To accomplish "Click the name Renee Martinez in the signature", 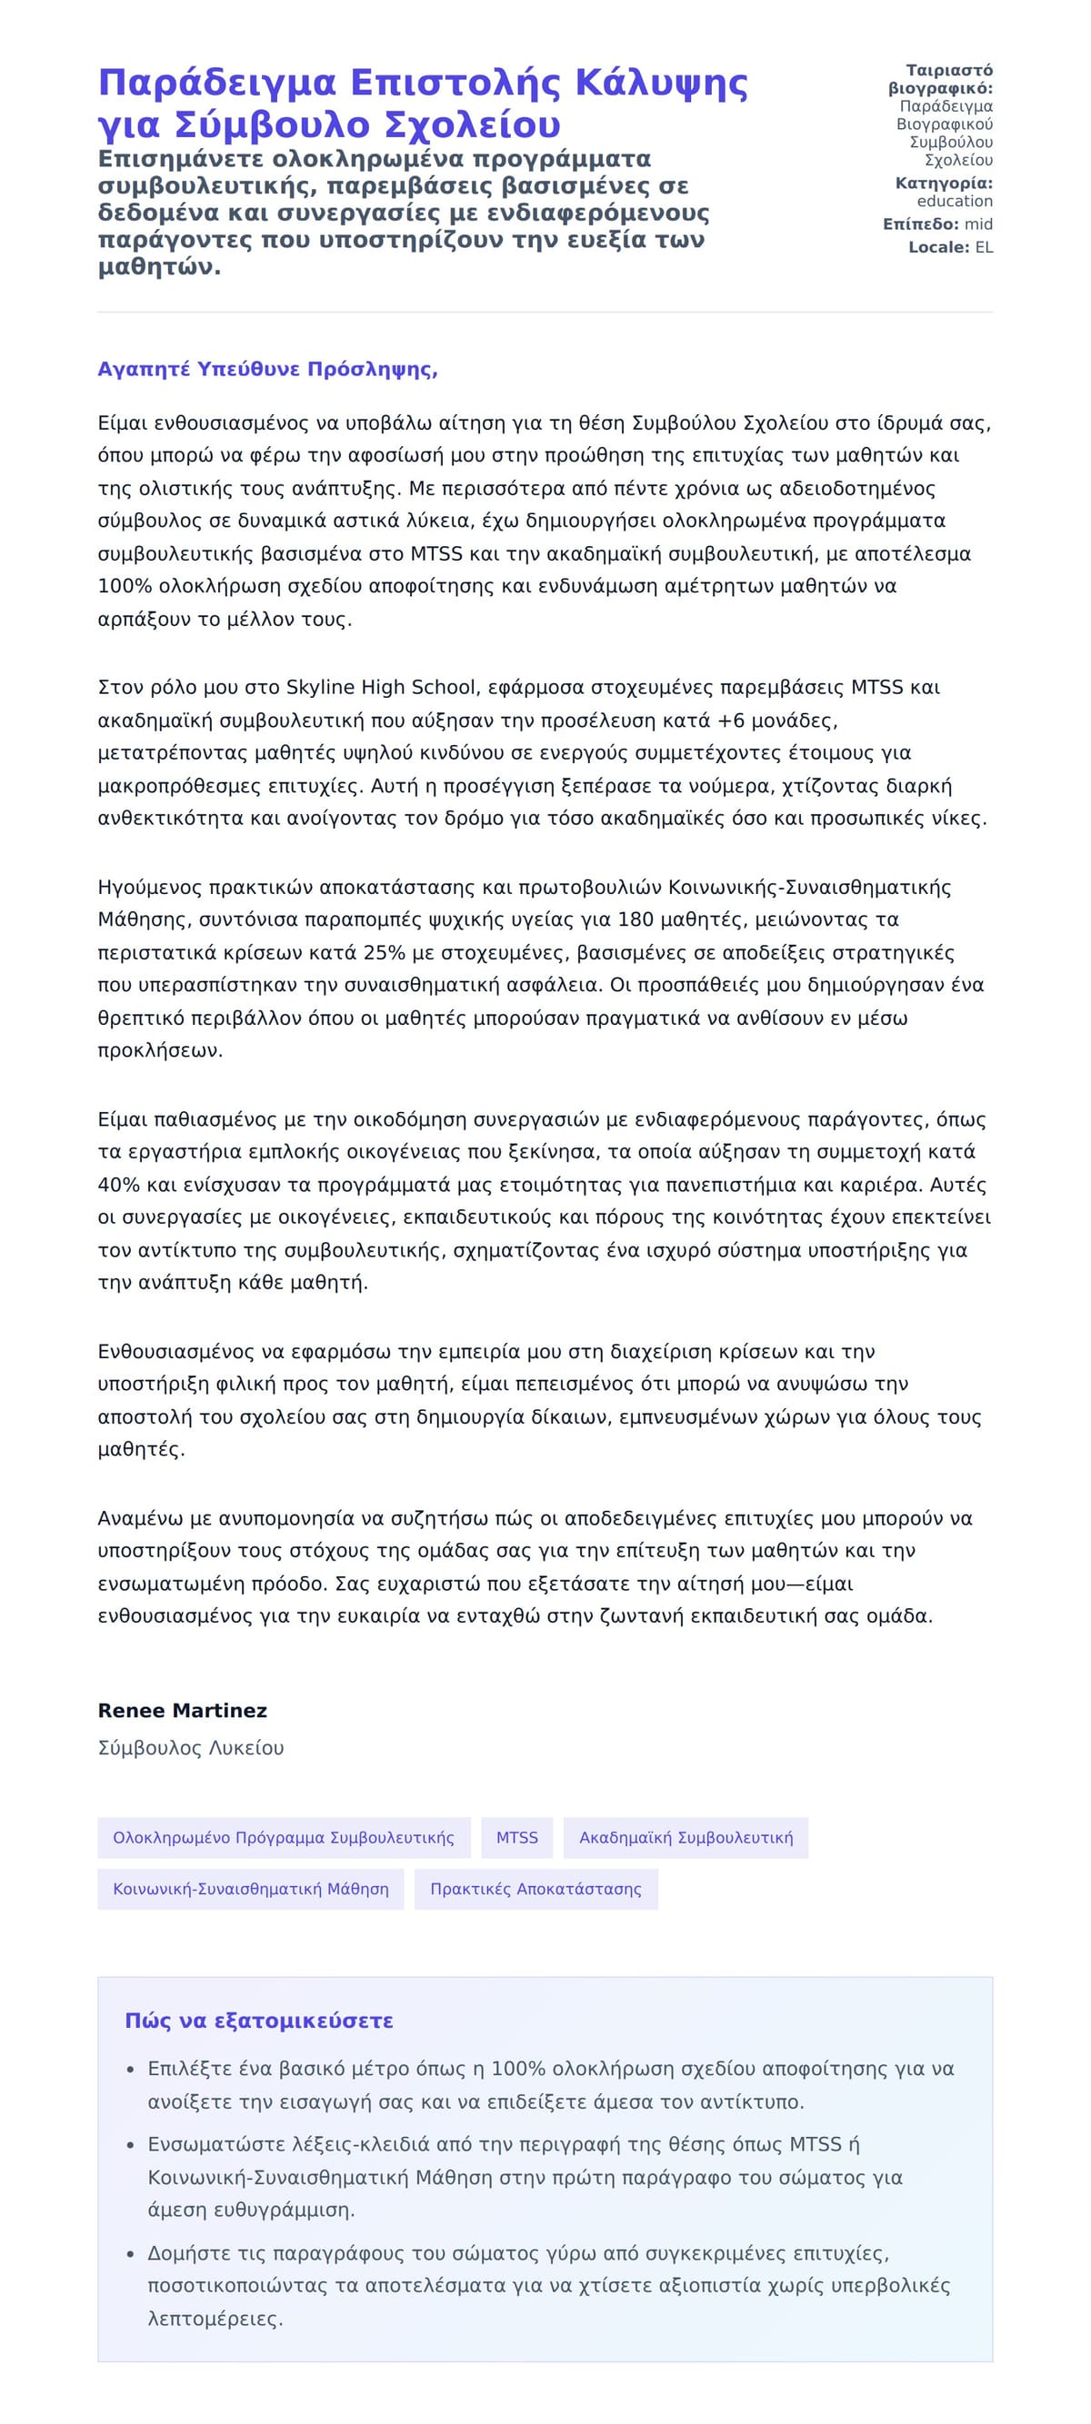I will point(182,1710).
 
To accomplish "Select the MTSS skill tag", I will point(516,1837).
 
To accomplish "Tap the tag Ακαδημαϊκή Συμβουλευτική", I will point(686,1837).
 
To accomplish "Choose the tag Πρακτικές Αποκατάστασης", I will point(535,1889).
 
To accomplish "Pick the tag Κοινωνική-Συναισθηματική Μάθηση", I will point(250,1889).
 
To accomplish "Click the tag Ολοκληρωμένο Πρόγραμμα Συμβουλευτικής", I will point(284,1837).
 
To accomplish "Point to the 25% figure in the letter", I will point(383,952).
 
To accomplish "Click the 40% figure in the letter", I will point(117,1185).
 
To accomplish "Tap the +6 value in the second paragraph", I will point(731,720).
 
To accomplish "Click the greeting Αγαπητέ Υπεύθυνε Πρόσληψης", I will point(267,369).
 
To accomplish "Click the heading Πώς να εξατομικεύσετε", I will point(259,2021).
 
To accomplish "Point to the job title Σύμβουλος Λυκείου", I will point(190,1747).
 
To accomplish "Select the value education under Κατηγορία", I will point(954,202).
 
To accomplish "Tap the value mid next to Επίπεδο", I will point(978,224).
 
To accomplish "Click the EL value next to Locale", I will point(983,247).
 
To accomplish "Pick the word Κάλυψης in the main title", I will point(661,83).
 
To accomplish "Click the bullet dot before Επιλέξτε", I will point(131,2071).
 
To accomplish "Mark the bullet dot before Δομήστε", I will point(131,2255).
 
